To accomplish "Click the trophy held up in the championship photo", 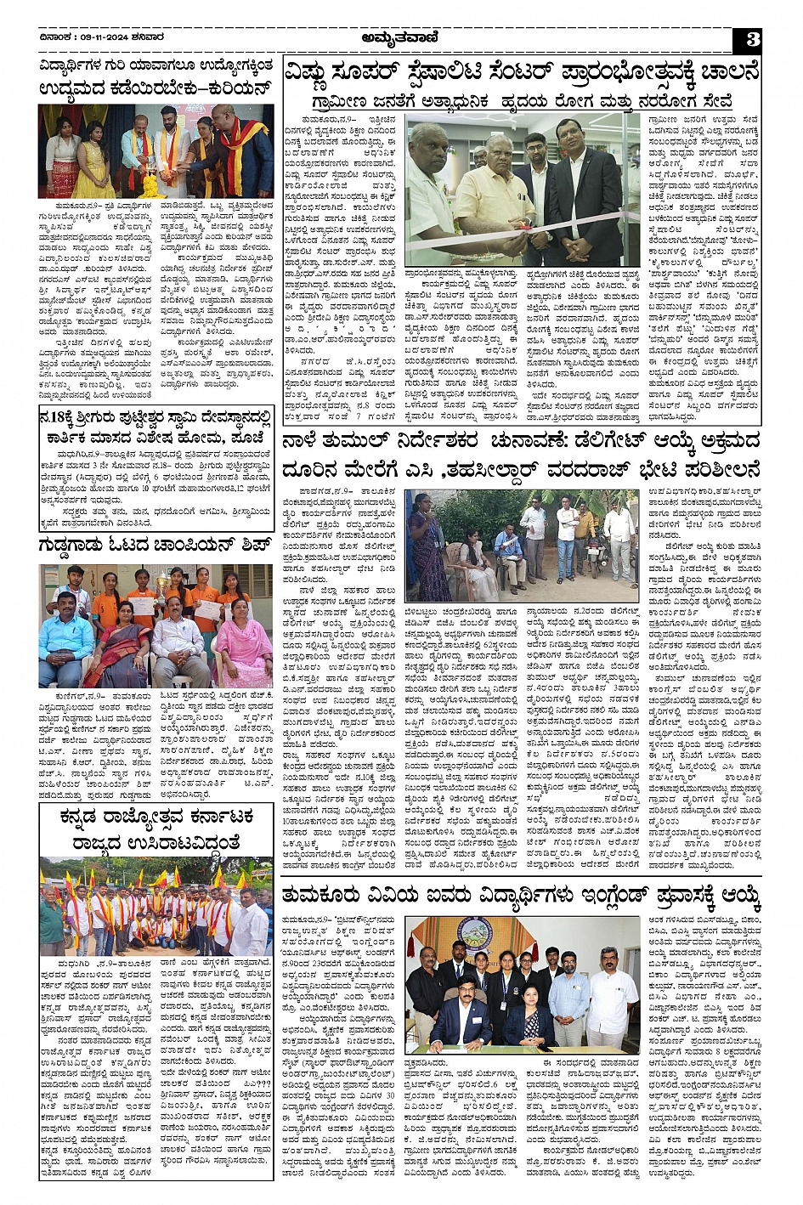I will pos(161,582).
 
